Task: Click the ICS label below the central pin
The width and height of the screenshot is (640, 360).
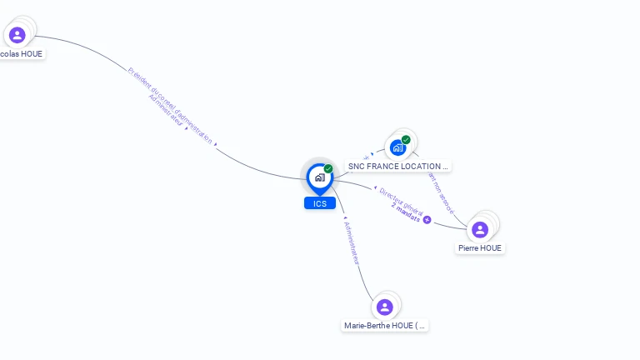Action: [320, 203]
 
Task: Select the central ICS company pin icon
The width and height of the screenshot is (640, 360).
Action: [319, 177]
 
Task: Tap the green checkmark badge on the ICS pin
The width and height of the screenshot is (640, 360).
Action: [328, 168]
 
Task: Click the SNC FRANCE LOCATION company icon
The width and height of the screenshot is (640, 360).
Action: [398, 147]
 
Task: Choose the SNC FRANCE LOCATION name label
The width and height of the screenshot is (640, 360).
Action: [398, 167]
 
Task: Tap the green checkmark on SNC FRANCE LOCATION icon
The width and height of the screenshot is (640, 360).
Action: [406, 139]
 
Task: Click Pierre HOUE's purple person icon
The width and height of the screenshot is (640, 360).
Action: [480, 229]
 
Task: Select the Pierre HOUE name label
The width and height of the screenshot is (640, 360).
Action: [481, 247]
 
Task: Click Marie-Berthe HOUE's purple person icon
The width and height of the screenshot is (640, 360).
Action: [384, 307]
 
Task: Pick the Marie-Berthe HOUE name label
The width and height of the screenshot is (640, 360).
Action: [386, 326]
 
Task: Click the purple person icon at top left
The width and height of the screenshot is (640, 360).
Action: [17, 35]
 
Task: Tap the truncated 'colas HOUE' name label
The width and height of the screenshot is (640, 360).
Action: [22, 54]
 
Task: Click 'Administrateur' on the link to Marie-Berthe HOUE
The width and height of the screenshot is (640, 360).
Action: [352, 242]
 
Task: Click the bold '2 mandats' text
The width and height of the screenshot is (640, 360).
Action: [406, 211]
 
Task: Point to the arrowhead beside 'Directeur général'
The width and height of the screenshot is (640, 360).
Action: [375, 188]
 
